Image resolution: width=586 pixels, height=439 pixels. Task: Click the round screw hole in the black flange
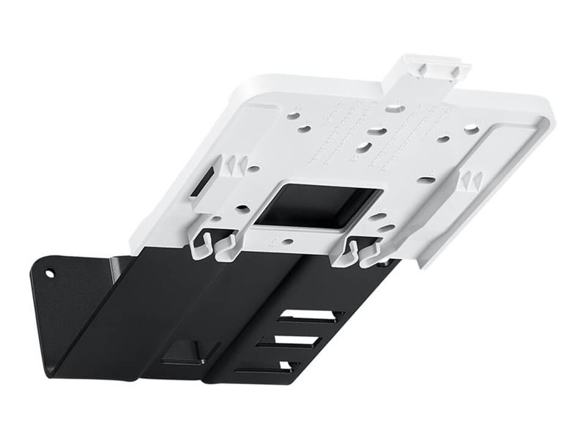point(50,274)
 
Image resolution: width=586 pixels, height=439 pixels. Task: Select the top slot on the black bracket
point(311,316)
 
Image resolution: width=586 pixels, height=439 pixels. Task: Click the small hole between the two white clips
point(288,240)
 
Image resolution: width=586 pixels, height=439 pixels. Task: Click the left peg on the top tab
point(423,67)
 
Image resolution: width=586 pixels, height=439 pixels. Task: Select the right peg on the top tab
point(455,71)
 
